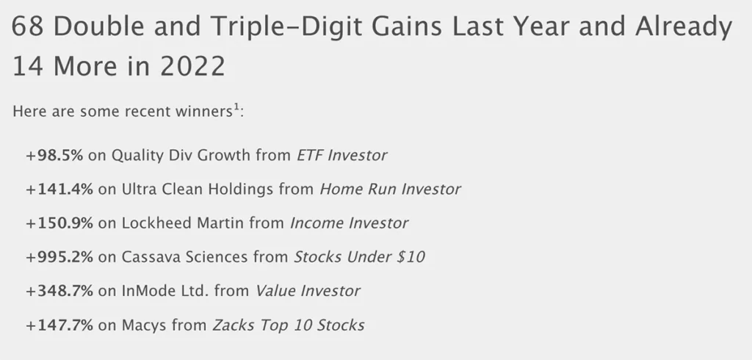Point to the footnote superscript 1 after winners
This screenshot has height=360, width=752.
[x=236, y=109]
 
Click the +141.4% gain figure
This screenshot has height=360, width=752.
[x=59, y=189]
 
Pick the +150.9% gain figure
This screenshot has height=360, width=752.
[x=59, y=223]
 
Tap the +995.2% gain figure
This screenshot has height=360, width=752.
[x=59, y=256]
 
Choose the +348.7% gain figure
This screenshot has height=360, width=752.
[x=59, y=290]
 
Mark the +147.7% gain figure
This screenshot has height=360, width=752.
[x=59, y=324]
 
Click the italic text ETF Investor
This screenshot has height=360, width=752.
[x=341, y=155]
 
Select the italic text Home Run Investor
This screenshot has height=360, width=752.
[x=390, y=189]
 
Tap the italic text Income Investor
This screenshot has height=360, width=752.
[x=349, y=223]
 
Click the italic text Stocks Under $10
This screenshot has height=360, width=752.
[x=360, y=256]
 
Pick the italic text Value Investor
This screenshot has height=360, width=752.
[x=308, y=290]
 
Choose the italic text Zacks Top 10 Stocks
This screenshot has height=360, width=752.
[x=289, y=324]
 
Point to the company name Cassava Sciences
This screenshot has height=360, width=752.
[x=183, y=256]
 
